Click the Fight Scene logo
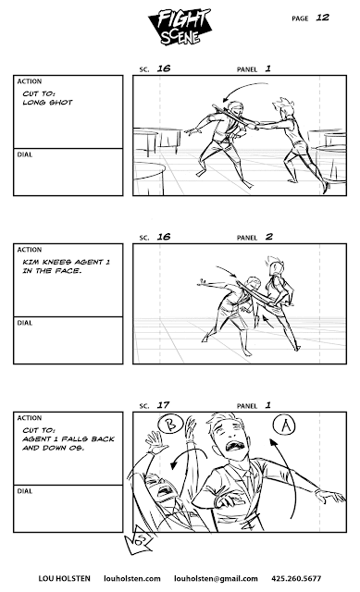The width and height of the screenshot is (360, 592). pyautogui.click(x=180, y=27)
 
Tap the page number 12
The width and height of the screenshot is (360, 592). pyautogui.click(x=322, y=18)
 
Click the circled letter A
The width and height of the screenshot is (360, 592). pyautogui.click(x=284, y=425)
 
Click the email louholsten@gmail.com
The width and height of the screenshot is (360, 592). pyautogui.click(x=216, y=578)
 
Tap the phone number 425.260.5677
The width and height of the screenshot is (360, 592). pyautogui.click(x=296, y=578)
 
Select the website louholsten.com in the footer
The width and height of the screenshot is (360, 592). pyautogui.click(x=132, y=578)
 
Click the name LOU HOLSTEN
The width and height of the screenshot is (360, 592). pyautogui.click(x=64, y=578)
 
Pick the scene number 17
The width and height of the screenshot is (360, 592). pyautogui.click(x=163, y=405)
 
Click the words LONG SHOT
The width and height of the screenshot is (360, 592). pyautogui.click(x=47, y=103)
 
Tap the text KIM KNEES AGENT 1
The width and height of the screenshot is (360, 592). pyautogui.click(x=66, y=262)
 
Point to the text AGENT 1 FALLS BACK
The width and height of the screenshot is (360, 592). pyautogui.click(x=68, y=439)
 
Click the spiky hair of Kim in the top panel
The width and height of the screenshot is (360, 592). pyautogui.click(x=282, y=103)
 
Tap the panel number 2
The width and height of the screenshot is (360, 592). pyautogui.click(x=268, y=237)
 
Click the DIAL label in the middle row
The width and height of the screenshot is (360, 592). pyautogui.click(x=25, y=323)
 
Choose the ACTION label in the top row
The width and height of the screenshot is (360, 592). pyautogui.click(x=30, y=81)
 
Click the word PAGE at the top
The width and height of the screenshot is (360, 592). pyautogui.click(x=300, y=18)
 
